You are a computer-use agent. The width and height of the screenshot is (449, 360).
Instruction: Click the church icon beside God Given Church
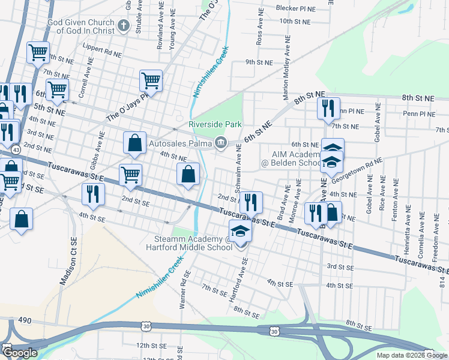click(124, 25)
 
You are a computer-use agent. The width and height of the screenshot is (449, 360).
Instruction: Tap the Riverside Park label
click(215, 124)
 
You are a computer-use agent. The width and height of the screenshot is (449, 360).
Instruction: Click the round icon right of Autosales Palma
click(220, 142)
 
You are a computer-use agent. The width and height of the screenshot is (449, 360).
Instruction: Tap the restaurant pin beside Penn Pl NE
click(328, 109)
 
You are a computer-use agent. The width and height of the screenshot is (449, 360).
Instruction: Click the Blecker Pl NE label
click(295, 8)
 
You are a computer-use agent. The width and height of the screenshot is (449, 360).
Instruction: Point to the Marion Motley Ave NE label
click(287, 67)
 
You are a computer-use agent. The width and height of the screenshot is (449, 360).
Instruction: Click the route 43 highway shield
click(16, 149)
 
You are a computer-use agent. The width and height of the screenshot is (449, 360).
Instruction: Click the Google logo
click(20, 352)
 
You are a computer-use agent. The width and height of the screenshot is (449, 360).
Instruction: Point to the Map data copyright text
click(411, 355)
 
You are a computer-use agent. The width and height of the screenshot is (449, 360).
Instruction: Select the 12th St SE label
click(151, 346)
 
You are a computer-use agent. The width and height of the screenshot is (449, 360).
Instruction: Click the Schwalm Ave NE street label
click(238, 171)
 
